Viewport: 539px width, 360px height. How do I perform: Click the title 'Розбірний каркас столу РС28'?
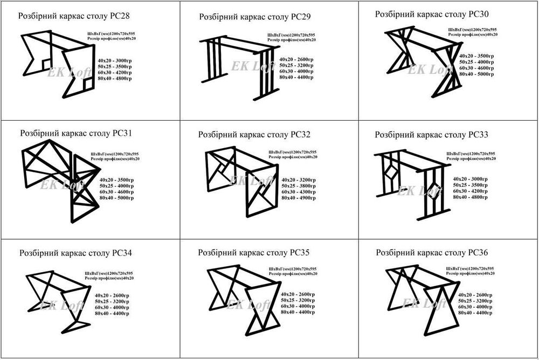pos(74,17)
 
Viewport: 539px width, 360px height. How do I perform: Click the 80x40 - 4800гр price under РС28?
pos(115,79)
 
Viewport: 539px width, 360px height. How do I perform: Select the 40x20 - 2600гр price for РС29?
pos(296,59)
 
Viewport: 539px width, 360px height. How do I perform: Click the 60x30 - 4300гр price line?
pos(298,192)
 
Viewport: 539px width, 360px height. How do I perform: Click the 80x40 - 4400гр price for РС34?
pos(112,313)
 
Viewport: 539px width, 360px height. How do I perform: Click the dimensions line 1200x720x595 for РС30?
pos(473,29)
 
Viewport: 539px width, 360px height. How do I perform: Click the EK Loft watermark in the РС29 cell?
pos(250,66)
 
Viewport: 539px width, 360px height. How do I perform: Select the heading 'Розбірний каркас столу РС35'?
pos(253,252)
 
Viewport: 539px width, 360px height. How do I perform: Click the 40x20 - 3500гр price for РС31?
pos(116,179)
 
